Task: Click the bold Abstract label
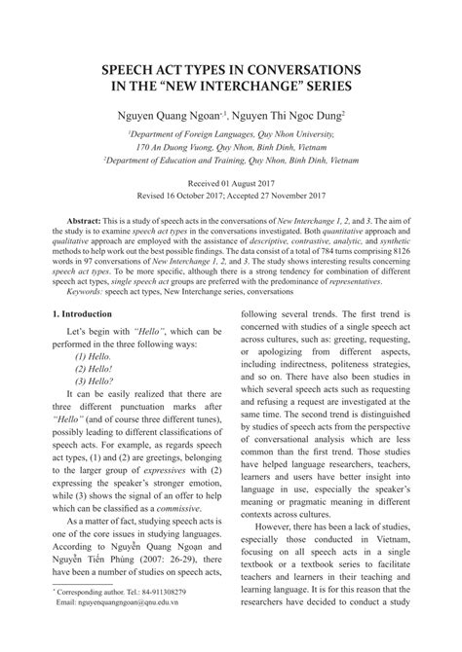pyautogui.click(x=86, y=221)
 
